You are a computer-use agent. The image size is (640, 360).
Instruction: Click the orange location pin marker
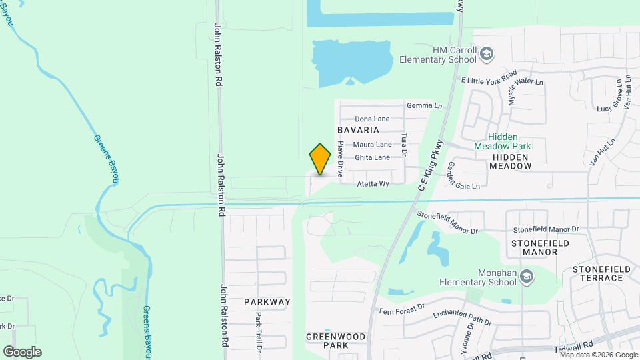(x=321, y=159)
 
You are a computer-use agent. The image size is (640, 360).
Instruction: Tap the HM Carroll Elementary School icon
(x=487, y=53)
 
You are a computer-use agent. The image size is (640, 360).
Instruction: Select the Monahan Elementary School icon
(x=527, y=277)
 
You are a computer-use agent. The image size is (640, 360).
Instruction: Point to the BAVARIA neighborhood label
(x=359, y=129)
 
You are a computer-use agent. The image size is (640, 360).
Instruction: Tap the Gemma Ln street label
(x=424, y=105)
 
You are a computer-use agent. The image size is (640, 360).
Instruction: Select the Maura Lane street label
(x=372, y=144)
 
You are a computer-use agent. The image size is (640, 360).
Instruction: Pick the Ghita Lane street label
(x=372, y=157)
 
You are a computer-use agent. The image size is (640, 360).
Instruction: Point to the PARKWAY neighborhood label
(x=267, y=302)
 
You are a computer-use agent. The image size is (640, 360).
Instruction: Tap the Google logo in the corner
(x=23, y=352)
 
